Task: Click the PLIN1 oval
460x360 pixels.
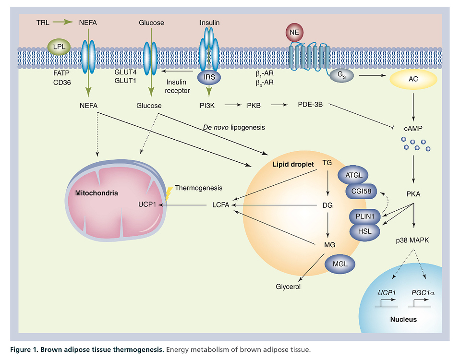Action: pos(365,217)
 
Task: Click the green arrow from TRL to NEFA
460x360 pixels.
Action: pos(60,22)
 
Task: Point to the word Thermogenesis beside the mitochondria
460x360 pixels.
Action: pos(199,187)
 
